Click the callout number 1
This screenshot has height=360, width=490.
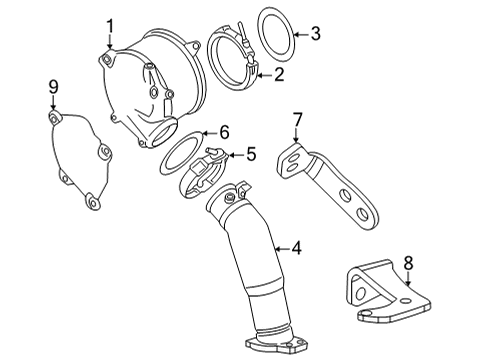(x=111, y=25)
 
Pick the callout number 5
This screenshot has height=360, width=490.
(x=251, y=154)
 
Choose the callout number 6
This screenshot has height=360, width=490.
(x=224, y=131)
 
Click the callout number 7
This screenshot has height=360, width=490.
(x=296, y=120)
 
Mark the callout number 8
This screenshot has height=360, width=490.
(x=407, y=264)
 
